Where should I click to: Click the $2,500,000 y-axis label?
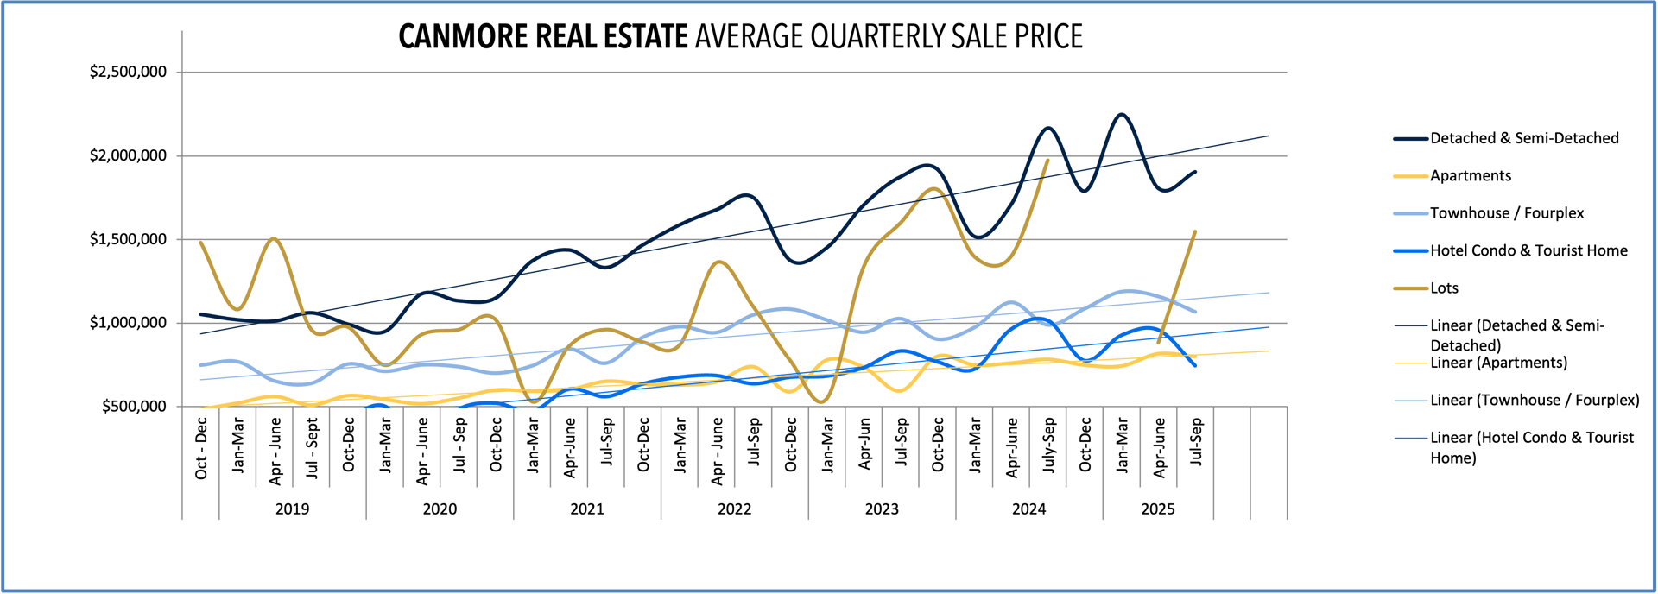pyautogui.click(x=128, y=72)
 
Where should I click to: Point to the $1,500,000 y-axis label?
pyautogui.click(x=128, y=239)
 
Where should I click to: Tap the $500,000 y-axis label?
pyautogui.click(x=134, y=407)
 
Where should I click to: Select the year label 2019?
pyautogui.click(x=292, y=509)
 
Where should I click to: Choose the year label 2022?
pyautogui.click(x=734, y=509)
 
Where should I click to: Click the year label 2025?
pyautogui.click(x=1157, y=509)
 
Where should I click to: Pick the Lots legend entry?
pyautogui.click(x=1444, y=288)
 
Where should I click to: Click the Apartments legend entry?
pyautogui.click(x=1470, y=176)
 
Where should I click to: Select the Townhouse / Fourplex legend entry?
pyautogui.click(x=1506, y=213)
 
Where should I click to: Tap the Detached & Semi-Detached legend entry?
pyautogui.click(x=1523, y=138)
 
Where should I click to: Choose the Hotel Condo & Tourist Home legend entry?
pyautogui.click(x=1528, y=251)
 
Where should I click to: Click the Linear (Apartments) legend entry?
pyautogui.click(x=1497, y=363)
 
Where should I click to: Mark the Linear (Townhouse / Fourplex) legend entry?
pyautogui.click(x=1534, y=401)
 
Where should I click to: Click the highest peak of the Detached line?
pyautogui.click(x=1121, y=114)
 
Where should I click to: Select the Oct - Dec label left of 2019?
pyautogui.click(x=201, y=448)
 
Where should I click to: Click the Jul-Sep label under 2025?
pyautogui.click(x=1196, y=441)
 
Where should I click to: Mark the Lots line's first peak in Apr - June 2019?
pyautogui.click(x=274, y=238)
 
